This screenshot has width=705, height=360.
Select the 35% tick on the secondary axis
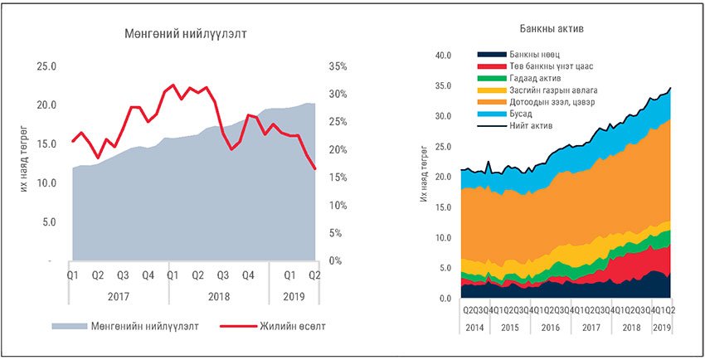pyautogui.click(x=340, y=66)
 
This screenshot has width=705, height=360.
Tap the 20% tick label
pyautogui.click(x=340, y=150)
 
